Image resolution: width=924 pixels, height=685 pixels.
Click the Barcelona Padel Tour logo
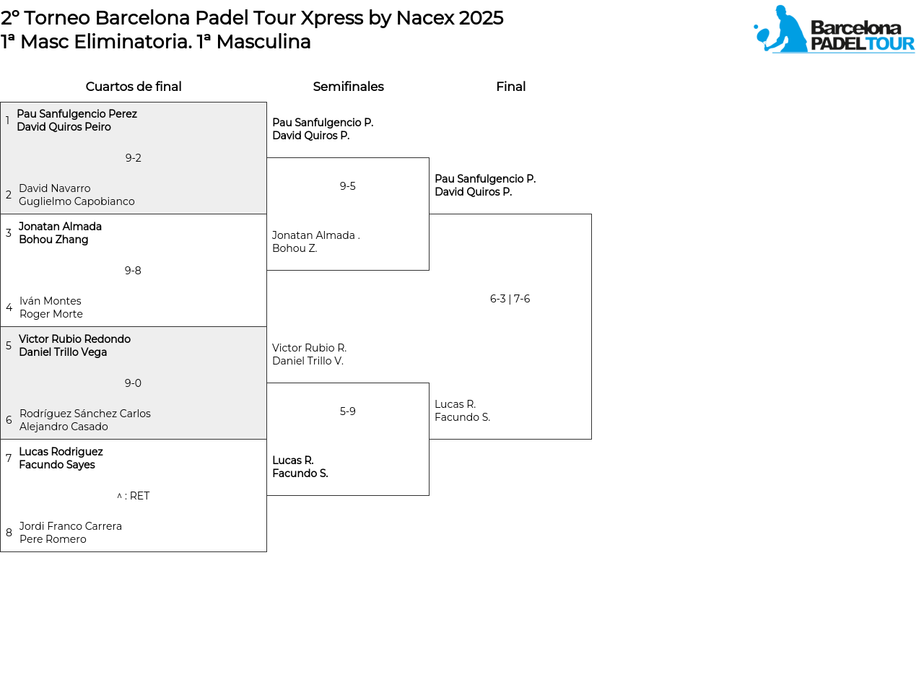pos(834,29)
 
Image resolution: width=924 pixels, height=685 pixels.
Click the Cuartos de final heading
pos(134,86)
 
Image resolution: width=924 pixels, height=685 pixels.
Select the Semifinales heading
pos(348,86)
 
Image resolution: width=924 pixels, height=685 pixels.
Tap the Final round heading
pos(510,86)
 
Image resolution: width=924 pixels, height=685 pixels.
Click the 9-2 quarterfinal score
pos(134,158)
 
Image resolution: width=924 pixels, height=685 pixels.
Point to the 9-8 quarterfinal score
pos(133,271)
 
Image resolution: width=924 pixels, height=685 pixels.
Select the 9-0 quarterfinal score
pos(133,383)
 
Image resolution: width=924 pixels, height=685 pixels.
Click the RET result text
pos(139,496)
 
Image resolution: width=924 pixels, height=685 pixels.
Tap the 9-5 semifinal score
pos(347,186)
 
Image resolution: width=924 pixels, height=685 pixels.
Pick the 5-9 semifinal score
pos(347,411)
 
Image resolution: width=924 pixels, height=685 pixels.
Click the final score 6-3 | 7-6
pos(510,299)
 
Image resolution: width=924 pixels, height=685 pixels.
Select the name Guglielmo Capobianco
pos(77,201)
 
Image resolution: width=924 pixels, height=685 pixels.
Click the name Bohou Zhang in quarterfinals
pos(53,240)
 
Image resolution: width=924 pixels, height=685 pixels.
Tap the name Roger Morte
pos(51,314)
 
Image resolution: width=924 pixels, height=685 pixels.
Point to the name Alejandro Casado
pos(64,427)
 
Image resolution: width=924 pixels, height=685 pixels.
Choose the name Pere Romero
pos(53,538)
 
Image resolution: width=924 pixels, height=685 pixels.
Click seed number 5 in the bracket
pos(9,346)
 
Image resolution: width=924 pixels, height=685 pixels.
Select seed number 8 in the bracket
pos(9,533)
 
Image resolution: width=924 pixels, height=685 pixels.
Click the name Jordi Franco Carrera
pos(71,525)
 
